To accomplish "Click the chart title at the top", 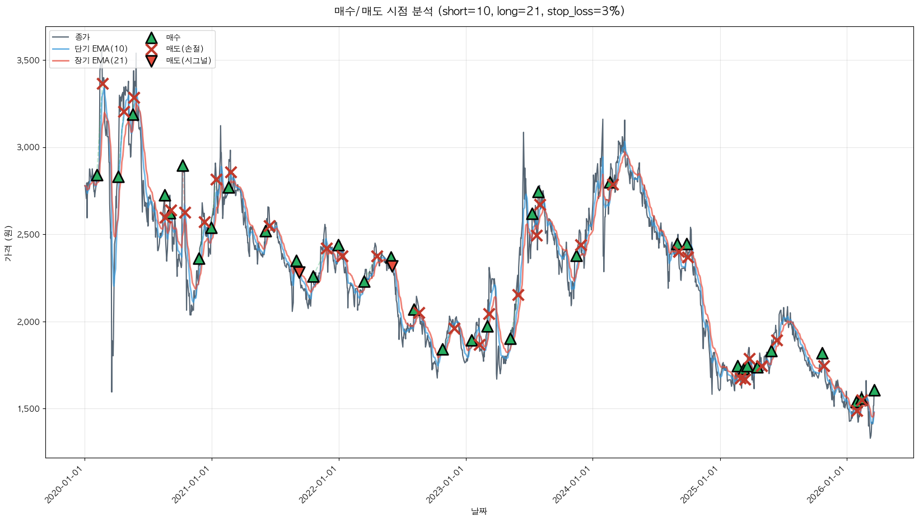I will (x=479, y=11).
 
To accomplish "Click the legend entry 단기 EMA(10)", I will (x=101, y=49).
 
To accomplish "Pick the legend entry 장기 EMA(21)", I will (x=101, y=61).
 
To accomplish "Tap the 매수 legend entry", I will (x=173, y=37).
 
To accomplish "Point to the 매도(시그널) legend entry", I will (x=188, y=61).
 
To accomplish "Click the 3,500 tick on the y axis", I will (x=28, y=61).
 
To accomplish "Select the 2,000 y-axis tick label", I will (x=28, y=322).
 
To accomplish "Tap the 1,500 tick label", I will (x=28, y=409).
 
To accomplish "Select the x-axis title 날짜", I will (x=479, y=511).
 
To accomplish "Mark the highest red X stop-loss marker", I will (x=102, y=83).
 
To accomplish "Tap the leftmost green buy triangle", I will (x=97, y=175).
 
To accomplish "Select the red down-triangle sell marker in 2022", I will (x=392, y=266).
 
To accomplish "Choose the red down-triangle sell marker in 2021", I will (x=299, y=272).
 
